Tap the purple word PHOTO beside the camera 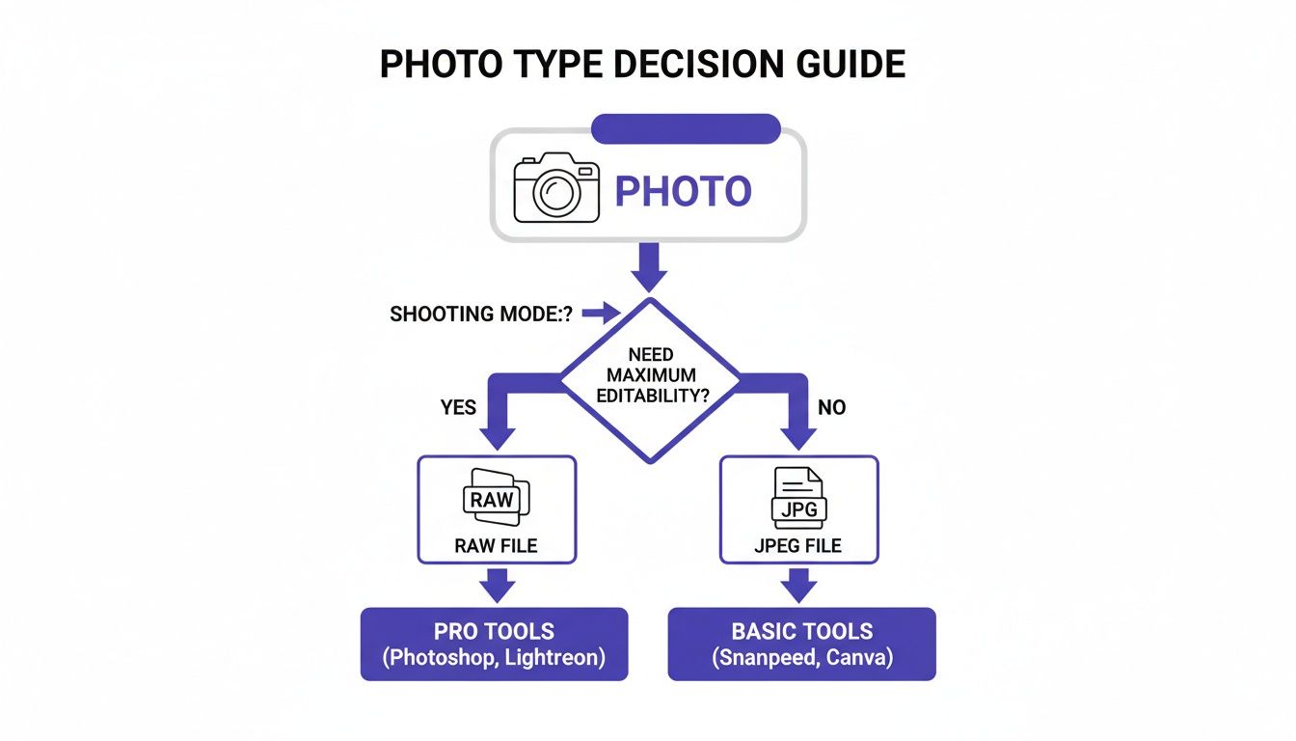click(x=683, y=191)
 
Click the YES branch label click(x=458, y=407)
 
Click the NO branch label click(x=831, y=407)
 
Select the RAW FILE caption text click(x=496, y=546)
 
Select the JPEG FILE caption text click(x=798, y=546)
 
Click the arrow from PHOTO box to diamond click(x=648, y=265)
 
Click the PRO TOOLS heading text click(x=494, y=632)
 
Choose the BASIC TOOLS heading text click(x=801, y=632)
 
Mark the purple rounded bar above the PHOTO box click(x=685, y=128)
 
